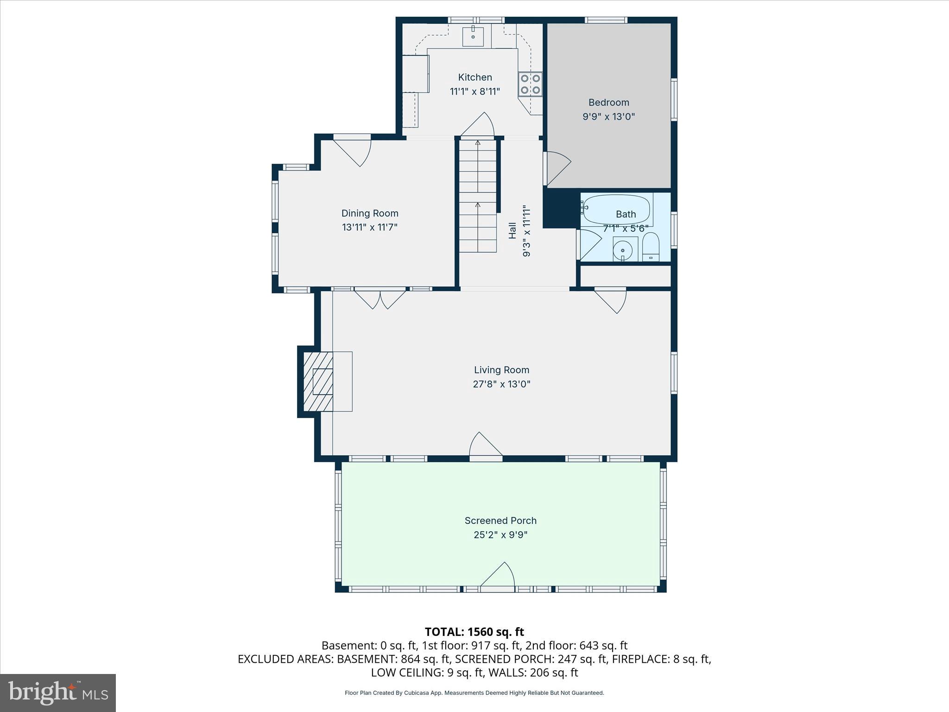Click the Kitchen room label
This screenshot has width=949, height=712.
(x=475, y=77)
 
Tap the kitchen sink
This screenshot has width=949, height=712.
(x=473, y=37)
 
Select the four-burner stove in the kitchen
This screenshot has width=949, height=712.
(x=530, y=84)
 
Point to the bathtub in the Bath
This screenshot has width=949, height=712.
(x=616, y=209)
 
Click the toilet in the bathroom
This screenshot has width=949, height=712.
(x=651, y=248)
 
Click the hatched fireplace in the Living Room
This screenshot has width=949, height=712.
(x=318, y=381)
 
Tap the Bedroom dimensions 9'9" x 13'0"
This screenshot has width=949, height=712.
(x=608, y=116)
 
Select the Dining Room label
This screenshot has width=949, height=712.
(x=370, y=213)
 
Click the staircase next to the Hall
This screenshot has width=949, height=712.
(x=478, y=197)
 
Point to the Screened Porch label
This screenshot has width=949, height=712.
(x=500, y=521)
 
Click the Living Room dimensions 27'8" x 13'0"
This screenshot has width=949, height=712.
(x=501, y=384)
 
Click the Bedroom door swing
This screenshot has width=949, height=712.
(x=557, y=167)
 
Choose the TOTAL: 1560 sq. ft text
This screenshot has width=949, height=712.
(x=474, y=632)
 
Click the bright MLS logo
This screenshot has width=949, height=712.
(x=58, y=693)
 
